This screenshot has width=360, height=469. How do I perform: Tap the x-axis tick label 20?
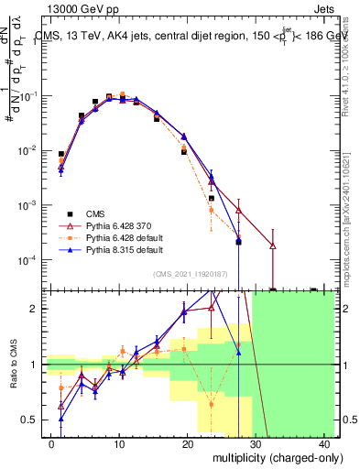[188, 443]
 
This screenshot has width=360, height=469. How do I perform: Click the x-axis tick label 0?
[51, 443]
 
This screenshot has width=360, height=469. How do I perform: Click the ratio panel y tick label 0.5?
[33, 420]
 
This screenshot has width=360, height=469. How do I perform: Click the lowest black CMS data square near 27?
[238, 242]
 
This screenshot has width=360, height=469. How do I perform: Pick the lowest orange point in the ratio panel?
[212, 403]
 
